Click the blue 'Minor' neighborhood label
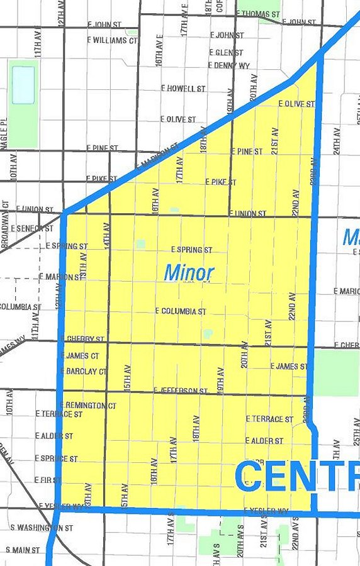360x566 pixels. tap(189, 273)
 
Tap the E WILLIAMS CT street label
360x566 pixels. tap(113, 40)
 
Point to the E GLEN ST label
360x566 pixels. tap(226, 53)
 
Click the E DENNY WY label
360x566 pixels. tap(229, 65)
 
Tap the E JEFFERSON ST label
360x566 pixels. tap(181, 391)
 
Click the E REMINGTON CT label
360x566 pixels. tap(88, 406)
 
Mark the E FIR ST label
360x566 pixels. tap(48, 480)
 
